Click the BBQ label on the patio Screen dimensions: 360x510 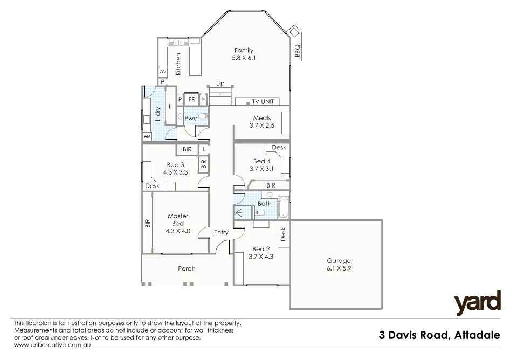[x=297, y=50]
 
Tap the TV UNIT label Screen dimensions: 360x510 [x=263, y=101]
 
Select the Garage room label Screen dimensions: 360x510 [x=338, y=261]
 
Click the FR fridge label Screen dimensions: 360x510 [x=191, y=100]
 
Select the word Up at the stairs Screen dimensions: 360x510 [x=220, y=84]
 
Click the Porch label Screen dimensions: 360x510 [x=187, y=268]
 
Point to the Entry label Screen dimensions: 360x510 [x=221, y=232]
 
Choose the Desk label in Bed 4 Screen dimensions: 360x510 [x=279, y=147]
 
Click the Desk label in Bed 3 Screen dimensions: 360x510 [x=152, y=186]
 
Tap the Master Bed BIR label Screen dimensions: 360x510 [x=147, y=223]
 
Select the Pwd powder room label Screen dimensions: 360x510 [x=190, y=118]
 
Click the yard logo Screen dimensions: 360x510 [x=477, y=303]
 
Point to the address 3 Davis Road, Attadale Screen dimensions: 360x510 [x=440, y=335]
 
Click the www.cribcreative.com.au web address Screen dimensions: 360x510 [x=49, y=345]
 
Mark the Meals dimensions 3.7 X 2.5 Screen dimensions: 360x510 [x=261, y=126]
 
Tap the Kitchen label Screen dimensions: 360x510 [x=178, y=64]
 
